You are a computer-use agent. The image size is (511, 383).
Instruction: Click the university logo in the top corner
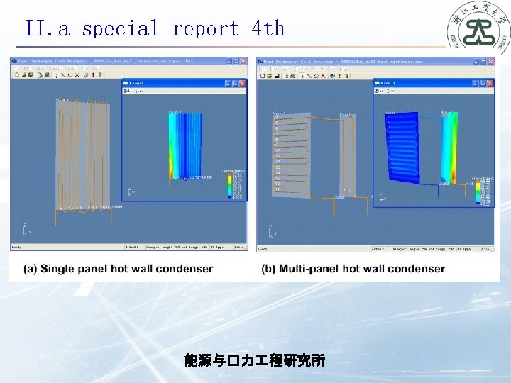pyautogui.click(x=476, y=28)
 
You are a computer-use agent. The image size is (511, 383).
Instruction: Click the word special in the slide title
pyautogui.click(x=120, y=29)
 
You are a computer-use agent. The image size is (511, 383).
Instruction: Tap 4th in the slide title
pyautogui.click(x=268, y=29)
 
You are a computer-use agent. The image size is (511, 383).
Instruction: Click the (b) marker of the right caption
pyautogui.click(x=269, y=269)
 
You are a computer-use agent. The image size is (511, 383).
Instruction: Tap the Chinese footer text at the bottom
pyautogui.click(x=254, y=361)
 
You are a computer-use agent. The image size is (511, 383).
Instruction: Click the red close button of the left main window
pyautogui.click(x=243, y=62)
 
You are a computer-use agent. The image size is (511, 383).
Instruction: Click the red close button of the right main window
pyautogui.click(x=489, y=62)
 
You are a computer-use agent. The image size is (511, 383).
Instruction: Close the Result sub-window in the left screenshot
pyautogui.click(x=243, y=83)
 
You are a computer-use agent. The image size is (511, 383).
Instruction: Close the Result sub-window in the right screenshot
pyautogui.click(x=489, y=83)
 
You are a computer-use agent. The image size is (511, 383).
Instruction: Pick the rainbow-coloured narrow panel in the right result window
pyautogui.click(x=450, y=148)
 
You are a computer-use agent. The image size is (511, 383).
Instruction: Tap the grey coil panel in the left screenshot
pyautogui.click(x=84, y=152)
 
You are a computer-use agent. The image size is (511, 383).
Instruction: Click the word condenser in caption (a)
pyautogui.click(x=185, y=269)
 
